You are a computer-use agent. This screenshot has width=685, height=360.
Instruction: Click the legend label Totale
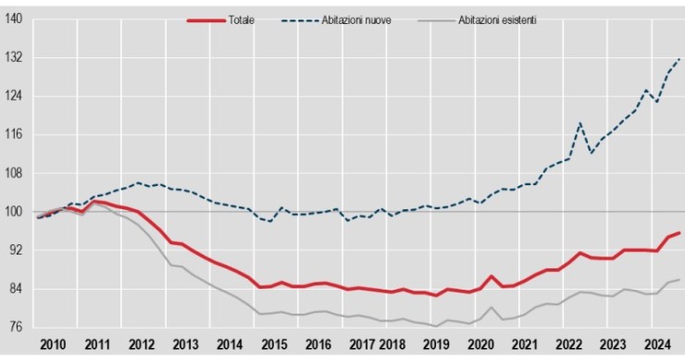pos(242,20)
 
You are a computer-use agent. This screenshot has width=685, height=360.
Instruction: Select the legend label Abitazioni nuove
pos(356,20)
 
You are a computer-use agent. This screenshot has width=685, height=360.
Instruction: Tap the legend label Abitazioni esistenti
pos(497,20)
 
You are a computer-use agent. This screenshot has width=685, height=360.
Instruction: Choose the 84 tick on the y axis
pos(15,289)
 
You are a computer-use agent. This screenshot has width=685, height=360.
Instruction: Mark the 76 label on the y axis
pos(15,328)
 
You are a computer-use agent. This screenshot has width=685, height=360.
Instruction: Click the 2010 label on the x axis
pos(54,344)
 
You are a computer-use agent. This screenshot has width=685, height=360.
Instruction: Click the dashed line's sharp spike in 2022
pos(580,123)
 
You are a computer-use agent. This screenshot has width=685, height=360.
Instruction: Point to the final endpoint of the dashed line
pos(679,59)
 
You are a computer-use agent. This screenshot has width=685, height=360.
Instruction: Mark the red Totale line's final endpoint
pos(679,233)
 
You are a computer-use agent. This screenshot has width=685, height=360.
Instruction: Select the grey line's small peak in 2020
pos(492,307)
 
